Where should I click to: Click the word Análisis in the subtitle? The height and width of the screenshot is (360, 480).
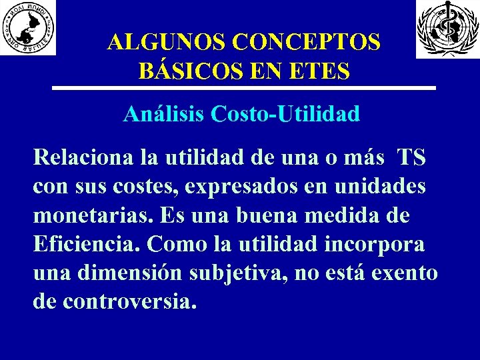164,115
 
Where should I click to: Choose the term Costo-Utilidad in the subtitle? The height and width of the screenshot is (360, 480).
286,115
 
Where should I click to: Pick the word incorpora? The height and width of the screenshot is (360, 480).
375,244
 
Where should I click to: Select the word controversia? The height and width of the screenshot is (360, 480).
130,301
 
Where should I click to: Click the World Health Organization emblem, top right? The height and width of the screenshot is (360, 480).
443,29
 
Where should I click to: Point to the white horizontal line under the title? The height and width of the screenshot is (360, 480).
244,88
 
